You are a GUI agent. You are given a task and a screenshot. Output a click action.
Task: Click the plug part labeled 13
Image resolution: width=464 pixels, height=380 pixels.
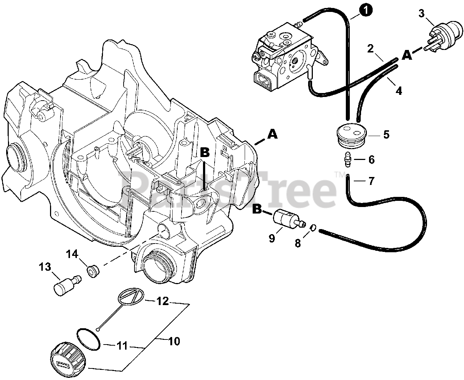[64, 286]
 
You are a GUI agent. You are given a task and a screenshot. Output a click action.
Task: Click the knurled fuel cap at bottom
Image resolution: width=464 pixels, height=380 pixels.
[67, 358]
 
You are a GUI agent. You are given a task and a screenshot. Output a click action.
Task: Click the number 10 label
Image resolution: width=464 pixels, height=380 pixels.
[174, 341]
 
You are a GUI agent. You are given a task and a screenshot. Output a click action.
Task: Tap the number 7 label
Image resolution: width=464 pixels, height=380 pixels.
[371, 181]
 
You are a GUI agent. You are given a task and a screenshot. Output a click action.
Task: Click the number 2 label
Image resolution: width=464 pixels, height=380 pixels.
[370, 48]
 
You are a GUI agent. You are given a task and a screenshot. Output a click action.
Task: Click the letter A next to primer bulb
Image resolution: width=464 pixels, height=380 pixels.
[407, 55]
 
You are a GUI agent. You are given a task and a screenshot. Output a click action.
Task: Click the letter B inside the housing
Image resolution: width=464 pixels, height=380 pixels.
[204, 153]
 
